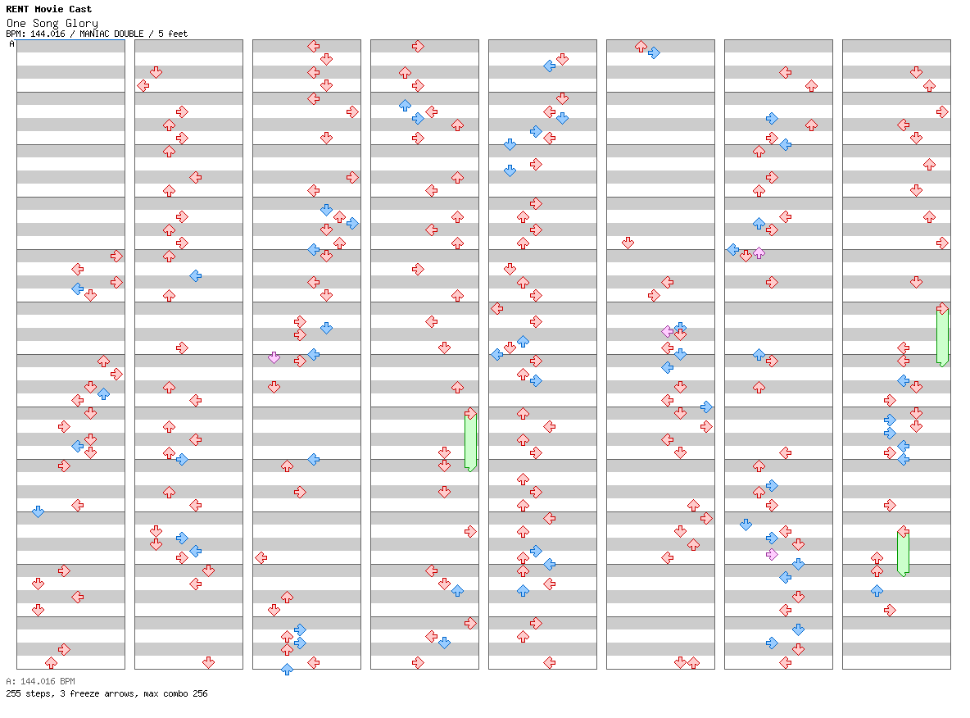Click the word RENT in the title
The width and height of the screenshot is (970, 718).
(17, 9)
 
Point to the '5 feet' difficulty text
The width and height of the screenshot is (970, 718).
(173, 34)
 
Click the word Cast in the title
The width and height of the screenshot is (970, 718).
(80, 9)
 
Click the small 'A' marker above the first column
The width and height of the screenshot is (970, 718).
(11, 44)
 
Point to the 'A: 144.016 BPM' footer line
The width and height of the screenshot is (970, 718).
(40, 681)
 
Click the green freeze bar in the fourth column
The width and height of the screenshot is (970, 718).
(471, 441)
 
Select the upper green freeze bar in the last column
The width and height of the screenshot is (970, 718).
(942, 336)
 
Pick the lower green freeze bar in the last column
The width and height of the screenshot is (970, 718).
(903, 552)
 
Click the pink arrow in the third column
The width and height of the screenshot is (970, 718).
(274, 357)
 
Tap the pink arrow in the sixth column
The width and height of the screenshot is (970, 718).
(667, 331)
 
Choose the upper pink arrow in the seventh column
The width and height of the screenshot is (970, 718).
(759, 252)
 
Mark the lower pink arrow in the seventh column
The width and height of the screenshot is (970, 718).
(772, 554)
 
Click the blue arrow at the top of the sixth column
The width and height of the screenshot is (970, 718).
(654, 52)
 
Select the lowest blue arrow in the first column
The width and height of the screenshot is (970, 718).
(39, 512)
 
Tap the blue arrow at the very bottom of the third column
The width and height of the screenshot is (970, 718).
(287, 669)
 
